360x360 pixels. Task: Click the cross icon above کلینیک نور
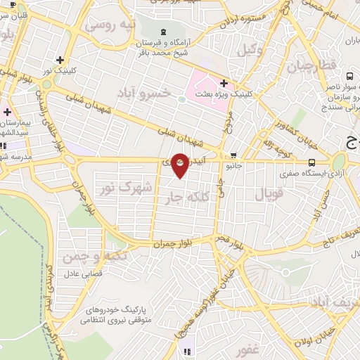click(x=60, y=60)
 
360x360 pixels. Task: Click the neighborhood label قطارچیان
click(x=308, y=66)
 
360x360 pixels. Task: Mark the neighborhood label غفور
click(x=248, y=350)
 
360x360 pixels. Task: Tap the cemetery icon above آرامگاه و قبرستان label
click(x=163, y=31)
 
